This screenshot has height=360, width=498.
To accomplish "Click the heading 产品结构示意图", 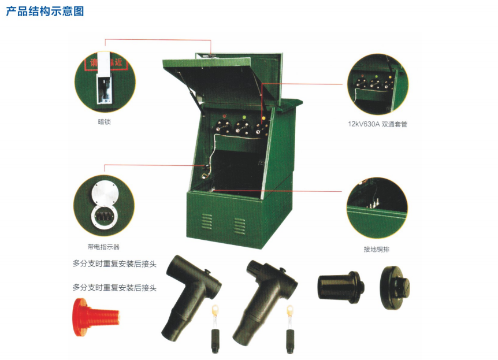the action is pyautogui.click(x=45, y=12).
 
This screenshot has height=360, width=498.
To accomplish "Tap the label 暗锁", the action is pyautogui.click(x=104, y=122).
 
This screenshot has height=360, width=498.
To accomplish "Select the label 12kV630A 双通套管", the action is pyautogui.click(x=377, y=124).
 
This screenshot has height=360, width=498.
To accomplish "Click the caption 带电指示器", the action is pyautogui.click(x=103, y=247).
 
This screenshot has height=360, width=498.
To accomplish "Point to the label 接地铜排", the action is pyautogui.click(x=376, y=250).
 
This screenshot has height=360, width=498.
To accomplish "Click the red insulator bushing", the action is pyautogui.click(x=96, y=317).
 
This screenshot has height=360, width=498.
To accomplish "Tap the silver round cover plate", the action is pyautogui.click(x=105, y=193).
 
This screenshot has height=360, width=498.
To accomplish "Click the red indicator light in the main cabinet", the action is pyautogui.click(x=225, y=116).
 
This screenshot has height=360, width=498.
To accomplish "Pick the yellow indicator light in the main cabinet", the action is pyautogui.click(x=263, y=118).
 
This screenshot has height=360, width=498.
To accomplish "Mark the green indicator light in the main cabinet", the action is pyautogui.click(x=244, y=117).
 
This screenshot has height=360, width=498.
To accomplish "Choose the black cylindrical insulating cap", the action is pyautogui.click(x=341, y=287).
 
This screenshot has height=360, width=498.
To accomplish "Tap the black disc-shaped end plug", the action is pyautogui.click(x=395, y=288).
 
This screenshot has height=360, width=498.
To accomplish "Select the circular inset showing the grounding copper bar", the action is pyautogui.click(x=377, y=207).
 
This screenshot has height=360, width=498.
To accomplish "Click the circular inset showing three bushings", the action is pyautogui.click(x=378, y=84).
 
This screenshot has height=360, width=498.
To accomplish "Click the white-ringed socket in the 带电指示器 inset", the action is pyautogui.click(x=104, y=217).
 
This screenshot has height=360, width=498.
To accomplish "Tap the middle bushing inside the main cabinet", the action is pyautogui.click(x=242, y=128).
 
